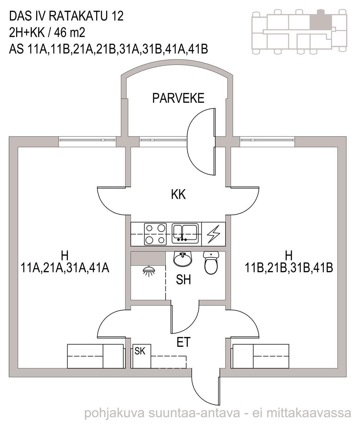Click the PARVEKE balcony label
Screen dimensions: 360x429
pyautogui.click(x=178, y=98)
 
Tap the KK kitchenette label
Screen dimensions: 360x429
pyautogui.click(x=178, y=194)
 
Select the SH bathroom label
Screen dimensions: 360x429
pyautogui.click(x=183, y=280)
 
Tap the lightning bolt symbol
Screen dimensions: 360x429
pyautogui.click(x=213, y=234)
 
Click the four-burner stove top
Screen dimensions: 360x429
pyautogui.click(x=156, y=234)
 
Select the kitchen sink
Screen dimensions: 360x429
pyautogui.click(x=185, y=233)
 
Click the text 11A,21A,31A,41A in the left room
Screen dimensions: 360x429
pyautogui.click(x=65, y=268)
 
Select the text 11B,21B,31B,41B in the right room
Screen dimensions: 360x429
pyautogui.click(x=289, y=268)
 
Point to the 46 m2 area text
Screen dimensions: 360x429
pyautogui.click(x=70, y=33)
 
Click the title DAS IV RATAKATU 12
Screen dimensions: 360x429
pyautogui.click(x=66, y=16)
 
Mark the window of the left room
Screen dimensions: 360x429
pyautogui.click(x=87, y=142)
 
